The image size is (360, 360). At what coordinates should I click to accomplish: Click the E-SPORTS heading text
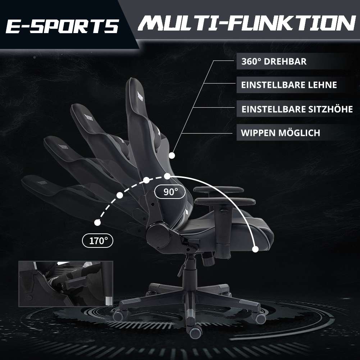(x=62, y=26)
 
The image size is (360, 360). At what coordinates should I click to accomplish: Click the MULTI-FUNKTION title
(x=247, y=23)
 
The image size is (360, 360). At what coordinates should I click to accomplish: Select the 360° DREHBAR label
(x=274, y=61)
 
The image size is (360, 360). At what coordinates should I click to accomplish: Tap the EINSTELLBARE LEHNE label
(x=289, y=85)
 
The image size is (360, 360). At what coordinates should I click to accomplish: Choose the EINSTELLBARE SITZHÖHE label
(x=297, y=109)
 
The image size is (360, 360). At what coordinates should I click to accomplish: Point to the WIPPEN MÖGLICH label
(x=280, y=133)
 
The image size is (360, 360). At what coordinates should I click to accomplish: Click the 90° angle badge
(x=170, y=192)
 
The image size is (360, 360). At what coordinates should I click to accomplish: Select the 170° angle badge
(x=98, y=241)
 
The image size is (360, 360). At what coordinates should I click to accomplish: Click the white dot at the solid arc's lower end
(x=255, y=249)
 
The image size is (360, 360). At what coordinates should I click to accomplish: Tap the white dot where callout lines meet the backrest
(x=172, y=155)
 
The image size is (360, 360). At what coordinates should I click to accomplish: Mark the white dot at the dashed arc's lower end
(x=97, y=223)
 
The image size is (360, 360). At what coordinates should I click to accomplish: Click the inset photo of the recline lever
(x=66, y=283)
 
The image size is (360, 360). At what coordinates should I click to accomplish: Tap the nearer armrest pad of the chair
(x=225, y=201)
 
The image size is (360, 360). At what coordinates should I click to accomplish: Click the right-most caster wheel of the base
(x=260, y=318)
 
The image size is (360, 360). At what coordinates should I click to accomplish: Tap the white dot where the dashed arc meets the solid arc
(x=167, y=176)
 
